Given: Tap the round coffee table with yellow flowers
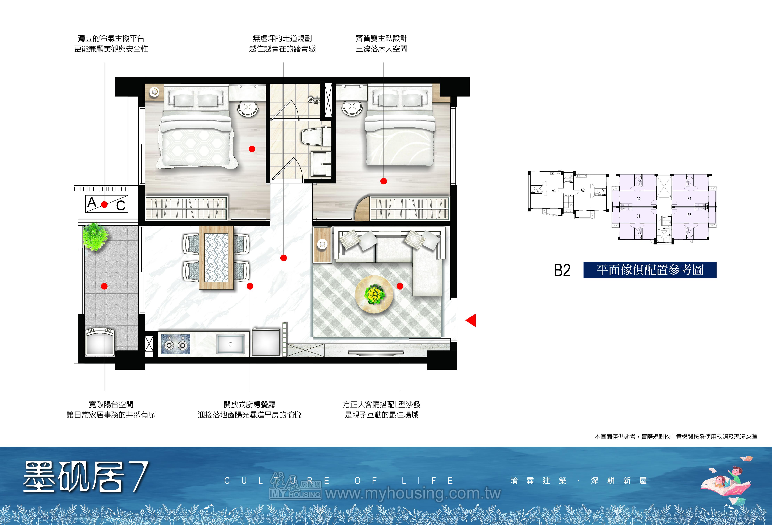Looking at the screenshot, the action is (374, 294).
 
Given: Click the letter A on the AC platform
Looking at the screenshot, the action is (92, 202).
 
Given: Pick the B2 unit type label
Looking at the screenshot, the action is (562, 270).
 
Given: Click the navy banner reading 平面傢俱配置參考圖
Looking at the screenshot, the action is (650, 270).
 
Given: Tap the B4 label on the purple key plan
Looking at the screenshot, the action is (689, 198).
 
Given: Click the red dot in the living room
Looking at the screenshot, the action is (400, 286).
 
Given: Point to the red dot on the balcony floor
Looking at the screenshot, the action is (104, 286).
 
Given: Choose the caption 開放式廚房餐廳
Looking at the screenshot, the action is (249, 405).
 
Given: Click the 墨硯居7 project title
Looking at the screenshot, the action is (86, 477).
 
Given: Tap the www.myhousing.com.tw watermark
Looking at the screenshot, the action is (413, 493).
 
